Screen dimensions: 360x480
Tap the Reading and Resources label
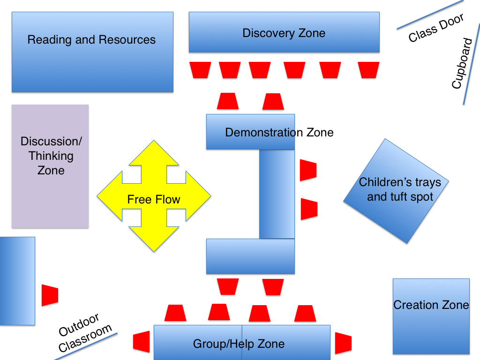(x=91, y=40)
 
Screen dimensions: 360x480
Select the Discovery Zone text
(x=284, y=33)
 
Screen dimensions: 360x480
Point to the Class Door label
(x=436, y=28)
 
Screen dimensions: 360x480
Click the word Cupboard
(x=463, y=64)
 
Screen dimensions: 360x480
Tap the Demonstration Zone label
(x=279, y=133)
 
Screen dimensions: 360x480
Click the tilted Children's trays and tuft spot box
(x=396, y=190)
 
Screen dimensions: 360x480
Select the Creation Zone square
(x=431, y=316)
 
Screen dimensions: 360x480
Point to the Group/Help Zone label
(x=239, y=344)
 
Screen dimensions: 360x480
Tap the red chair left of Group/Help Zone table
(x=141, y=342)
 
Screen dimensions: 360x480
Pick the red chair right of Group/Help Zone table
(x=343, y=343)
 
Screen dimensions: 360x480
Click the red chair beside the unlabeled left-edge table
(x=50, y=295)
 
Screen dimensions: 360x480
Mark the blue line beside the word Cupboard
(x=471, y=71)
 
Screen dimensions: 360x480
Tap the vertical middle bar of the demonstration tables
(x=277, y=194)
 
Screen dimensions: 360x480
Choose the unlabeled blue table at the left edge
(x=17, y=281)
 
